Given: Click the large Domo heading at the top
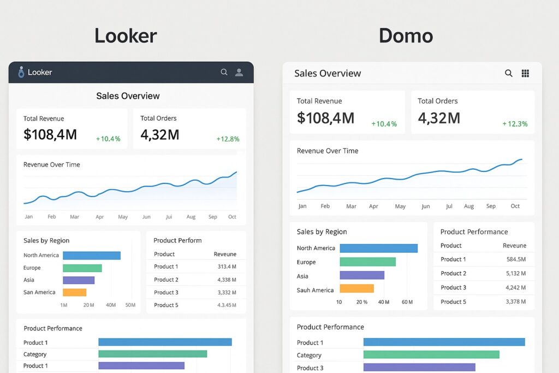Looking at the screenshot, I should [406, 36].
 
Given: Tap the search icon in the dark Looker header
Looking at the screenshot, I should [224, 72].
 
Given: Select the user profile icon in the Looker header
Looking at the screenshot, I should [239, 72].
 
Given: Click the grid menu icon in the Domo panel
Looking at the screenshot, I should [526, 73].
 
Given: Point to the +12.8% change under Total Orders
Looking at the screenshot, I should [228, 139].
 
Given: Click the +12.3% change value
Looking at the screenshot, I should [515, 124].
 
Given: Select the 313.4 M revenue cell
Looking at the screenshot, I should [227, 267].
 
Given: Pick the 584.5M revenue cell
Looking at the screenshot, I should [516, 259].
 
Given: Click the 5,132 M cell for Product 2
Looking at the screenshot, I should [516, 273].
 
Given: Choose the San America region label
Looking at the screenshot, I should [39, 292].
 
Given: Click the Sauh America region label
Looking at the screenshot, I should [315, 290].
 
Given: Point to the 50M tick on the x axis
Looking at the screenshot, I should [130, 305].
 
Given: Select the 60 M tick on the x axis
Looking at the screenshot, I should [407, 302].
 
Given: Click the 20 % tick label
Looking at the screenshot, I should [361, 302].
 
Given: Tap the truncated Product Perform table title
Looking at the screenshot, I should [177, 240].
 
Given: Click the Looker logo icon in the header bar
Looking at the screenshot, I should [21, 72].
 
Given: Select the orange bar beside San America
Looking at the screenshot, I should [75, 292].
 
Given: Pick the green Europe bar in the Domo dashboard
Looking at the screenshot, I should [367, 262].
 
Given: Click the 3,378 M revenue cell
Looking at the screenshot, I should [516, 301].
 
